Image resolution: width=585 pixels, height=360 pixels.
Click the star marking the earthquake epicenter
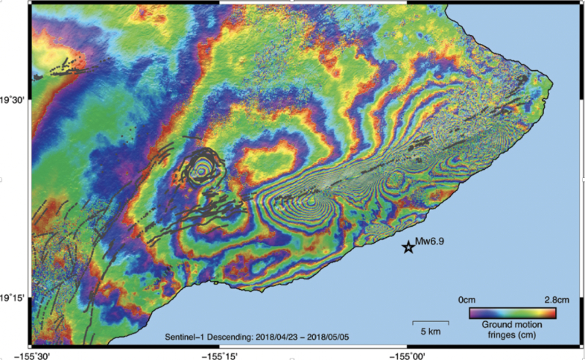click(409, 247)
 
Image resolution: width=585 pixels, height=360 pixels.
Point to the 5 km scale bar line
click(430, 320)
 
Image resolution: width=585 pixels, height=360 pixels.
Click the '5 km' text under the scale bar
click(430, 331)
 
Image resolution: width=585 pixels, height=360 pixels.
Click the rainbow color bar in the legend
click(513, 312)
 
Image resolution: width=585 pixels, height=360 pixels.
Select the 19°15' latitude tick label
click(13, 298)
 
